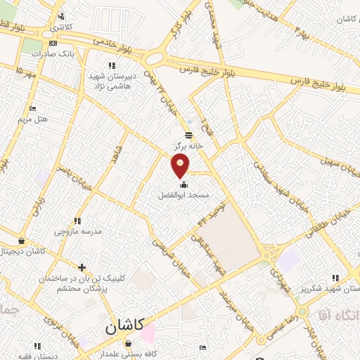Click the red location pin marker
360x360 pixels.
(x=181, y=165)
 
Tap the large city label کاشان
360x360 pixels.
(x=124, y=326)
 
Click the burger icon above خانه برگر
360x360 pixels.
(x=188, y=135)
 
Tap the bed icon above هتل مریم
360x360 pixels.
(x=32, y=109)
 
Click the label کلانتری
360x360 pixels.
(x=60, y=26)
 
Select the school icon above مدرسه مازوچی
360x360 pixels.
(x=77, y=221)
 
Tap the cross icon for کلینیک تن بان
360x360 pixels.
(x=82, y=267)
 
